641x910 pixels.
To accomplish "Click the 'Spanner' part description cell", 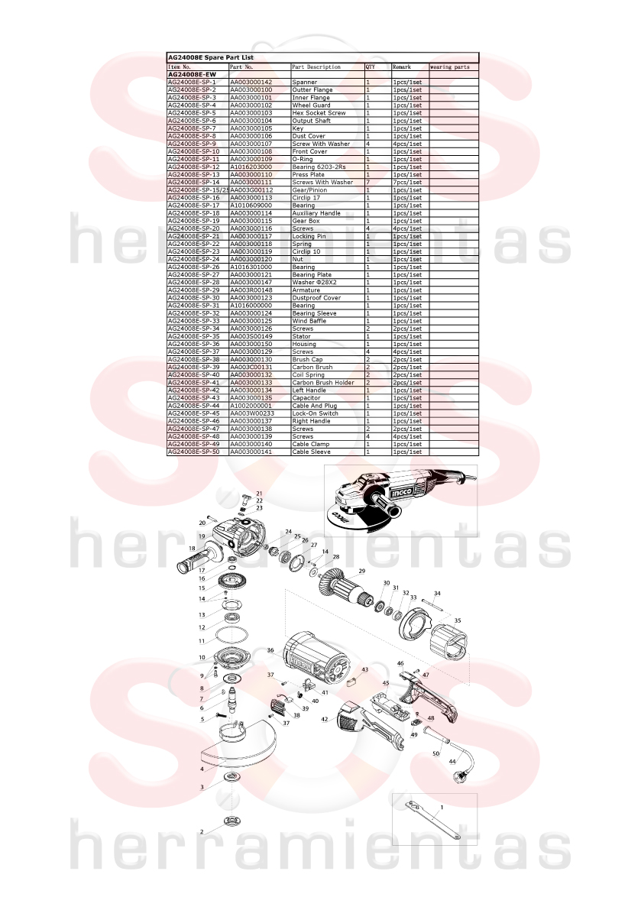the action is coord(305,83).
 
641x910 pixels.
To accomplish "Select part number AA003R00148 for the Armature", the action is coord(251,290).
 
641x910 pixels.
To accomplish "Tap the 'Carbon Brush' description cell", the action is coord(312,368).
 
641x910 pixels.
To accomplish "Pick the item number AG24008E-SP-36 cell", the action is coord(194,344).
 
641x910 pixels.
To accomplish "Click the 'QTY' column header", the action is coord(370,67).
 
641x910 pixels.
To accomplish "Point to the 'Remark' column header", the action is coord(401,67).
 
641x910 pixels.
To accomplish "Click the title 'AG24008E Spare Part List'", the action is coord(211,57).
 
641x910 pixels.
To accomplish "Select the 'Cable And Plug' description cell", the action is coord(315,406).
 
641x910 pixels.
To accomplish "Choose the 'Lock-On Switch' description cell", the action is coord(315,414).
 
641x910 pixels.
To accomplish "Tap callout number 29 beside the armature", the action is coord(362,572).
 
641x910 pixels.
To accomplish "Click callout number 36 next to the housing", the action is coord(270,650).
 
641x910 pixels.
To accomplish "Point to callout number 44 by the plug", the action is coord(452,762).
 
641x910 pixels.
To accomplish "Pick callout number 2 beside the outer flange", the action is coord(202,832).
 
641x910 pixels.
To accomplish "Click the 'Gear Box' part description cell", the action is coord(306,221).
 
